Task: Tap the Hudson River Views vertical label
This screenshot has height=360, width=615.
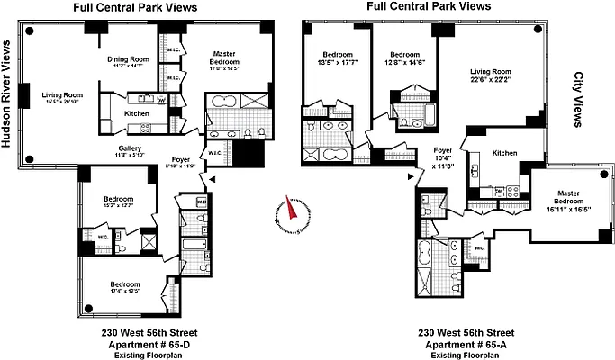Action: pos(10,110)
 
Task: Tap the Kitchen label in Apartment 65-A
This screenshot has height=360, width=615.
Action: pos(504,153)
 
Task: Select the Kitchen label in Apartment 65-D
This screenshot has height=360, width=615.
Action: pos(136,114)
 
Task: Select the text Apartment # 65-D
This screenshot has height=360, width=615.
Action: pos(145,345)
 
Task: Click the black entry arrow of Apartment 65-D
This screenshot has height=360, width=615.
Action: pos(212,183)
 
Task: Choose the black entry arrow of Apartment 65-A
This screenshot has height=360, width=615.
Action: pos(411,177)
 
